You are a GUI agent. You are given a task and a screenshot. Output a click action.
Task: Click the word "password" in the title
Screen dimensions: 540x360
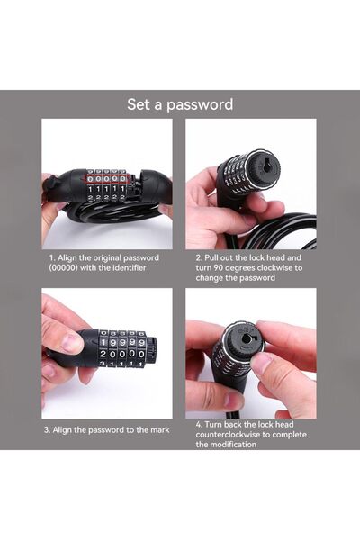coord(199,104)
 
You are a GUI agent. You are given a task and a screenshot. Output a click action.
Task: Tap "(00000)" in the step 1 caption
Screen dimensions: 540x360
coord(67,267)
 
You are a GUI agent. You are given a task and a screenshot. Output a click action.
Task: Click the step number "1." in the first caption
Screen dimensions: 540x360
coord(52,256)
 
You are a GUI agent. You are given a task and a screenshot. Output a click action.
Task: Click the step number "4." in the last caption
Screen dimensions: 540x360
coord(199,424)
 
